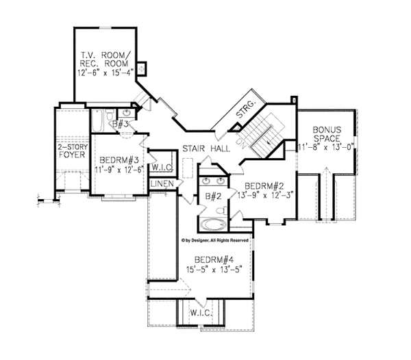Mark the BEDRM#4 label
[x=214, y=259]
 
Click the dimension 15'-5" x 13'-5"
[x=214, y=270]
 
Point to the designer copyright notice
[x=214, y=240]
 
